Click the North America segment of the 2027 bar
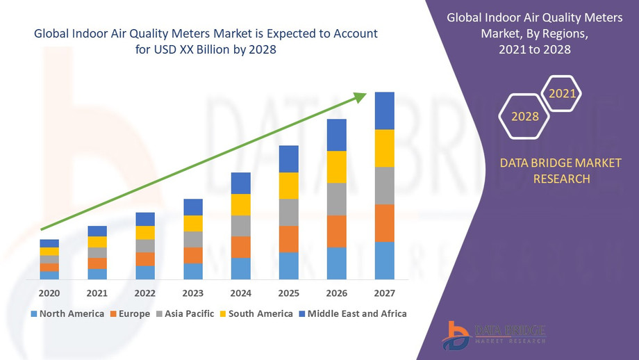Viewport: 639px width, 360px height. (384, 261)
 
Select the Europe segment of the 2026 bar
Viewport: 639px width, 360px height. (336, 231)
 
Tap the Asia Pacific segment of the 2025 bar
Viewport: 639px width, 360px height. (288, 213)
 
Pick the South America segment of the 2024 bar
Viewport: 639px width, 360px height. (240, 204)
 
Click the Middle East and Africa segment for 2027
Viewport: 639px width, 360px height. (384, 111)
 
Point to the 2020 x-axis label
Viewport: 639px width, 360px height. (49, 293)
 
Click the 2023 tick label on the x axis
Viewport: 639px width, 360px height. (193, 293)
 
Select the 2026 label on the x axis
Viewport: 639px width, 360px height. (336, 293)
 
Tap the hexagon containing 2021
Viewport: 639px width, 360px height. (561, 92)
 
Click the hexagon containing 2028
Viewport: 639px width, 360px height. (524, 116)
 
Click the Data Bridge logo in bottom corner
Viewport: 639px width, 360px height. (494, 334)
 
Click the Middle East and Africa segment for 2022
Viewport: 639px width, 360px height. (145, 219)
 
